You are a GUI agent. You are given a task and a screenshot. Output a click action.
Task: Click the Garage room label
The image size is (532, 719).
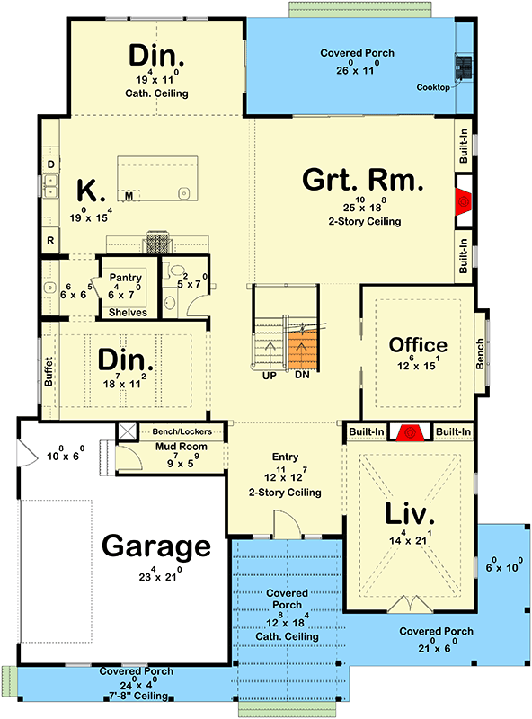click(x=156, y=546)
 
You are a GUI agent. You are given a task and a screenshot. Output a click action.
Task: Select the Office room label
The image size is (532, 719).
click(x=418, y=345)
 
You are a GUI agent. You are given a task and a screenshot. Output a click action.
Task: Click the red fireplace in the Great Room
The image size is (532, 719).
click(x=464, y=202)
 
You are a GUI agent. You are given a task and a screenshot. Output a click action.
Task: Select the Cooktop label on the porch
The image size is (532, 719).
click(x=435, y=87)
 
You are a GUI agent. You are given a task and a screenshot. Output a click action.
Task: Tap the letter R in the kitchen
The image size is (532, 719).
click(x=50, y=241)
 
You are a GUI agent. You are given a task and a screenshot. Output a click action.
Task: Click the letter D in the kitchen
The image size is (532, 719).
click(x=50, y=164)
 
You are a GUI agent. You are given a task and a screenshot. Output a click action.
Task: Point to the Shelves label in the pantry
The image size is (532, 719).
click(x=128, y=311)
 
